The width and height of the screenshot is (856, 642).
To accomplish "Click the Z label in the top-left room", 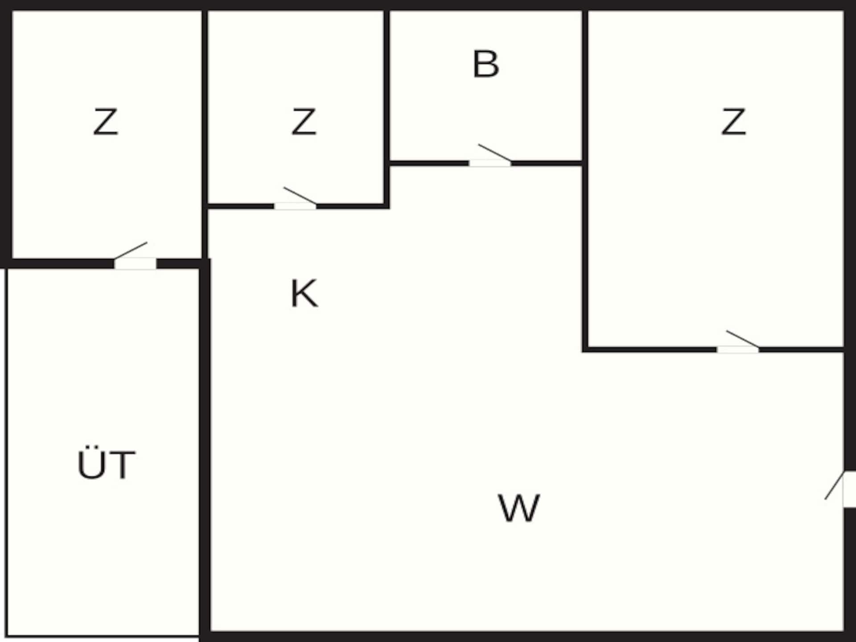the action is tap(106, 121).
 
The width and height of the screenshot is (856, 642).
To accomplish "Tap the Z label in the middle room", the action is tap(304, 121).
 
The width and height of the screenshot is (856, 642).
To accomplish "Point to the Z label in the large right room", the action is tap(733, 121).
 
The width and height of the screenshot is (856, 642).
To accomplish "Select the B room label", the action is tap(486, 64).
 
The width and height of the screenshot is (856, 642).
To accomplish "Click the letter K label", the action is tap(304, 293).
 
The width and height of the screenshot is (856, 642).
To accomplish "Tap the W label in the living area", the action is tap(519, 508).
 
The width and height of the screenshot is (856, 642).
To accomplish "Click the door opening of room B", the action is tap(490, 163).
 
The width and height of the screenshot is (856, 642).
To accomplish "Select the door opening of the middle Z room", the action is tap(295, 206).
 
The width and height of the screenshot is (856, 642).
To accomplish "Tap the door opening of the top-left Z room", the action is tap(135, 263).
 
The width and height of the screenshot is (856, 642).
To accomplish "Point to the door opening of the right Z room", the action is tap(738, 349).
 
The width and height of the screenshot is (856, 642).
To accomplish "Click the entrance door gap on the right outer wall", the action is tap(850, 489).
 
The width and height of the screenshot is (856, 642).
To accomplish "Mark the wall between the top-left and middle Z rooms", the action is tap(205, 134).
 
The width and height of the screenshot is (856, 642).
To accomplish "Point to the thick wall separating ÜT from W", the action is tap(205, 450).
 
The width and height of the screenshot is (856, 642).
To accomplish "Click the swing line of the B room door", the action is tap(494, 152).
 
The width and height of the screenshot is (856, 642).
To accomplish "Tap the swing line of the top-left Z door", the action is tap(131, 251).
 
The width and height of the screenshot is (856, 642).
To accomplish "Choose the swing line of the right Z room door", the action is tap(742, 338).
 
